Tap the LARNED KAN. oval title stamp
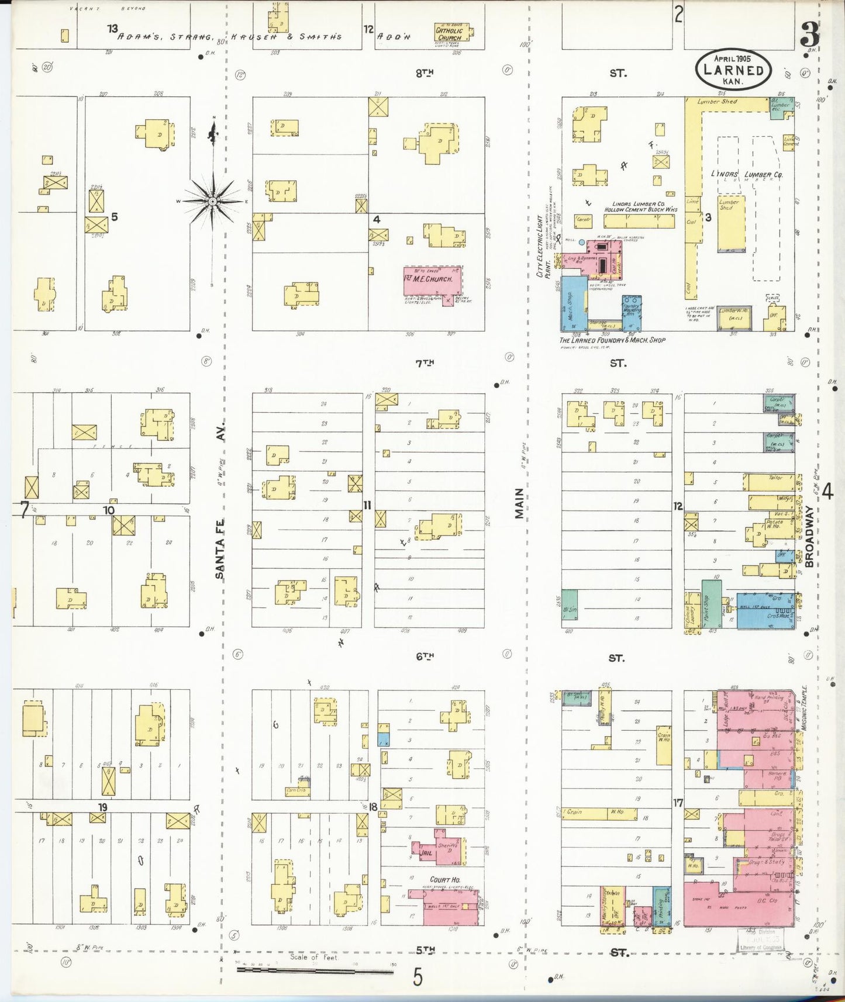pos(733,70)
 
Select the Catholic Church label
pos(450,34)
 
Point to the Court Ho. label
pos(444,879)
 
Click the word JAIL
pos(426,853)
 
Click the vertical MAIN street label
pos(519,504)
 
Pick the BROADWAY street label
pos(809,536)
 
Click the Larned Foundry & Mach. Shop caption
pos(612,340)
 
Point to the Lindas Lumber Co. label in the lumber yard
pos(755,174)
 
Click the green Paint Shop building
pos(711,603)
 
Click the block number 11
pos(367,505)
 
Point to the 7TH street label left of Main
pos(425,363)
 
